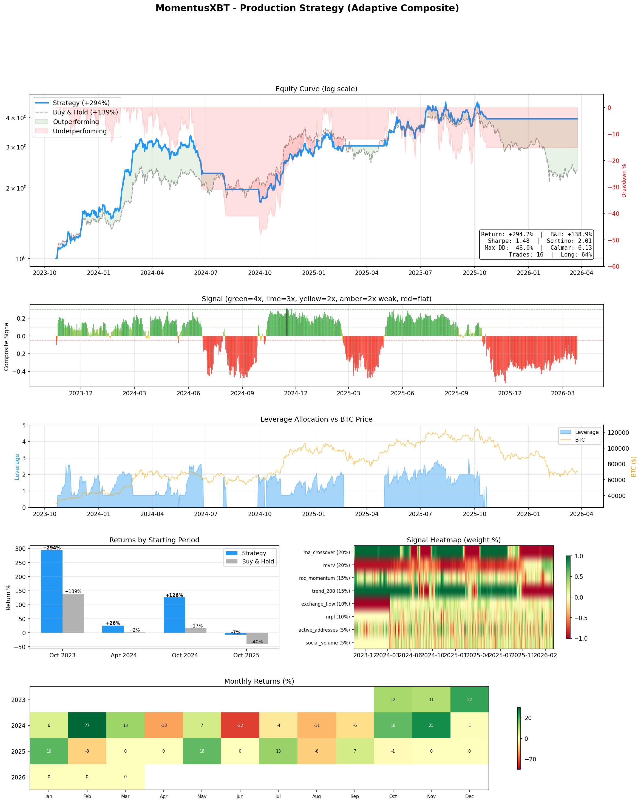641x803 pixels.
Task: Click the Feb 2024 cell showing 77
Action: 87,725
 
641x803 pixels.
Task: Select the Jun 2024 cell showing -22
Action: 240,725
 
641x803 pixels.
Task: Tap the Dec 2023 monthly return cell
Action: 469,700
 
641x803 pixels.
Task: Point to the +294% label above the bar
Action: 52,548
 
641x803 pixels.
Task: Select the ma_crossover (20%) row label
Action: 327,552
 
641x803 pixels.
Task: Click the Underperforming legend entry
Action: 80,131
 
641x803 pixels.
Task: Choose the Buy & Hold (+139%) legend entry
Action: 85,112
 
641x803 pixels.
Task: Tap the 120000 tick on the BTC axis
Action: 618,433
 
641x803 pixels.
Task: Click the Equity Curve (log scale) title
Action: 316,89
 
